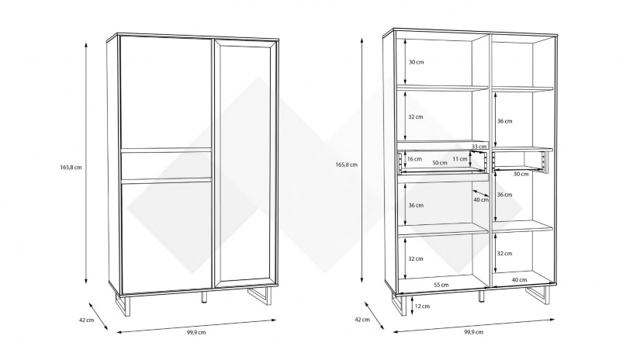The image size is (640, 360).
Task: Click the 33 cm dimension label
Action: pos(479,146)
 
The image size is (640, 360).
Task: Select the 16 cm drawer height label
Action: pos(414,159)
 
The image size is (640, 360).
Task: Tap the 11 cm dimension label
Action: pos(460,159)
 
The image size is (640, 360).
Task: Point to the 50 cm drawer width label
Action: pos(440,163)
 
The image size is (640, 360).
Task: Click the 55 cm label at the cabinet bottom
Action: pos(441,285)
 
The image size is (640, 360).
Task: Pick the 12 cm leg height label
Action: pos(423,306)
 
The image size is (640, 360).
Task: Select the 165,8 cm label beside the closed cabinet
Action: pos(71,168)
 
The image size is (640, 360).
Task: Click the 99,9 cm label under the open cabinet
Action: pos(473,332)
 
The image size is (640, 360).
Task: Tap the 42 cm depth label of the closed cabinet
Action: pos(87,320)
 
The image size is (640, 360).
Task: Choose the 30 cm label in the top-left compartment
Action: pos(417,62)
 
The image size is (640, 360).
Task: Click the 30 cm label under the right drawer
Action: pos(521,175)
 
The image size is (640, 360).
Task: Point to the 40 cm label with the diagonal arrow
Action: pos(481,199)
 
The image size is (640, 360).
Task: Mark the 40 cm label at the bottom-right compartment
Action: pos(519,279)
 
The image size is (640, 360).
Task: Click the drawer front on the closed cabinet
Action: pos(166,166)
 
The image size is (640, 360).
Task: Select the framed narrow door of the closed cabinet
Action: pos(244,162)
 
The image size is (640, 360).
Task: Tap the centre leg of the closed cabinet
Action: pos(205,297)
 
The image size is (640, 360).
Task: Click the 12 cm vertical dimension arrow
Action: pos(411,306)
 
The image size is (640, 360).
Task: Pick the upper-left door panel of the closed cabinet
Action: pos(165,93)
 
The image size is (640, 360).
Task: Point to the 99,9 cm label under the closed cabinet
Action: pos(196,332)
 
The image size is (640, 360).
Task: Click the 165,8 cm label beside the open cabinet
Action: pos(347,165)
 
